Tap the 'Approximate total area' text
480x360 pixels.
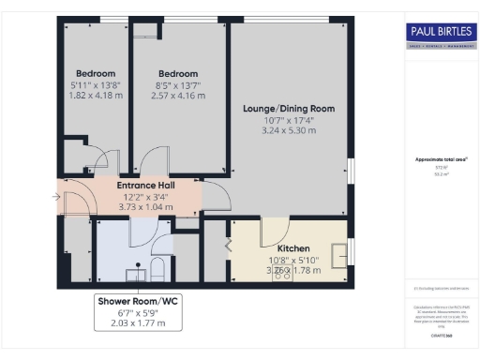click(440, 159)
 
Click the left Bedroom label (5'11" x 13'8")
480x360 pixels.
click(96, 74)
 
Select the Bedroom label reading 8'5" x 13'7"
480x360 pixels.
click(178, 74)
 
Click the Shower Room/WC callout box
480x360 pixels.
click(131, 311)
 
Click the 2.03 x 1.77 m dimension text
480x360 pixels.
click(131, 323)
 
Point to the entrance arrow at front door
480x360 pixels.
click(57, 197)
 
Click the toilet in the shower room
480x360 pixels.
click(157, 271)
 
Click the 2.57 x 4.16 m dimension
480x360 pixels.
click(178, 96)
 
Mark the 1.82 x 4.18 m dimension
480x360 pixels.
click(96, 96)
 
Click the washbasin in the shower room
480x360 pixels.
click(132, 273)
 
